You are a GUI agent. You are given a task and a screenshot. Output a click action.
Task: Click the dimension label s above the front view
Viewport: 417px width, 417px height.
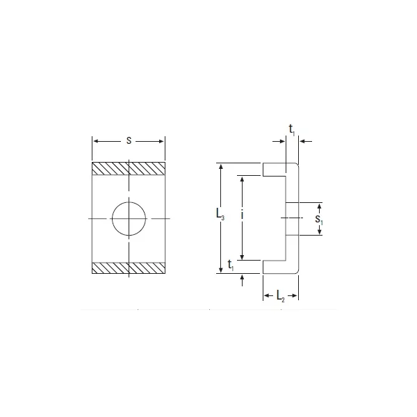pos(129,140)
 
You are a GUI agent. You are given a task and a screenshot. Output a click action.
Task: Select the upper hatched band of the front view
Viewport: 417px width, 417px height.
pos(129,169)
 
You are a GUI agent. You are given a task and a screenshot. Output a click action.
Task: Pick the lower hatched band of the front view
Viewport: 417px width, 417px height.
pos(129,268)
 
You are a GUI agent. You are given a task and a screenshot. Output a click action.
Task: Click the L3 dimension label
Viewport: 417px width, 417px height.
pos(220,214)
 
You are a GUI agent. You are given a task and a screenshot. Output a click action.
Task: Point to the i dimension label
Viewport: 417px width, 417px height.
pos(242,214)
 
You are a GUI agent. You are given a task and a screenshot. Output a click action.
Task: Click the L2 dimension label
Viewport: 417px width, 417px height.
pos(281,296)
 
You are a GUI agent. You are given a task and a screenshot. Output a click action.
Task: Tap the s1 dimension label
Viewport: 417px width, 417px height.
pos(319,220)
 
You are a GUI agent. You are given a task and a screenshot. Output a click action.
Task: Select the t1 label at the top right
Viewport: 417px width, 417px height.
pos(292,130)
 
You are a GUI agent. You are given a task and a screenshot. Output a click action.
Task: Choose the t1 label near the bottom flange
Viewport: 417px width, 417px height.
pos(231,265)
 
